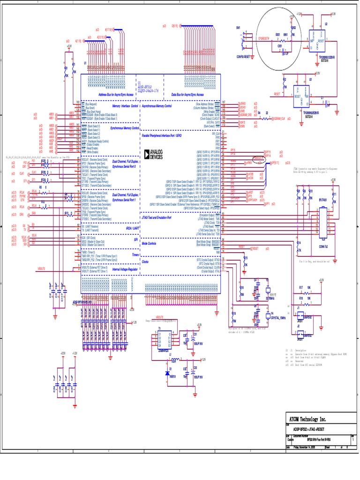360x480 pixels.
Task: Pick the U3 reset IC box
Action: (x=301, y=96)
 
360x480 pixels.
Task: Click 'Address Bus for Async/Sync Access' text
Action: (x=117, y=94)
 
